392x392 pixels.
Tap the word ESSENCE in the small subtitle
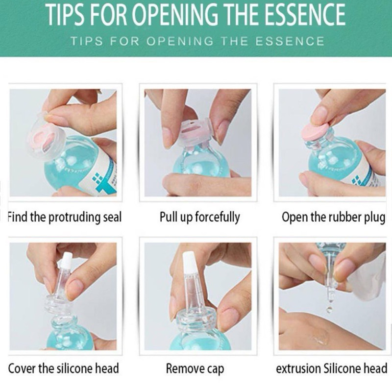(x=290, y=41)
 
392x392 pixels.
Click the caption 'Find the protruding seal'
(x=65, y=217)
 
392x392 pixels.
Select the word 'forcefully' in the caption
(x=217, y=217)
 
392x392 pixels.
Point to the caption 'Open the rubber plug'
(x=334, y=217)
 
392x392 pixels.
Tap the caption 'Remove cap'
(x=195, y=369)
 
